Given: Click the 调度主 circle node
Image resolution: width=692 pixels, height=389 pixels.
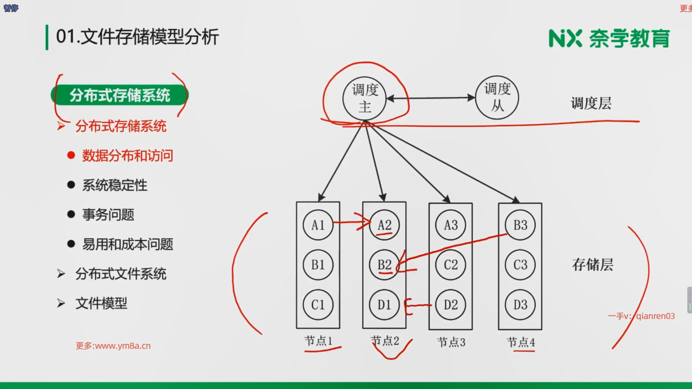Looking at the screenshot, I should coord(364,98).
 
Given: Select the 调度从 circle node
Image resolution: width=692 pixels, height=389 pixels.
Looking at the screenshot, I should coord(497,98).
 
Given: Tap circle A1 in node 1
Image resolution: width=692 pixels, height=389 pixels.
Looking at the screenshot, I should coord(318,225).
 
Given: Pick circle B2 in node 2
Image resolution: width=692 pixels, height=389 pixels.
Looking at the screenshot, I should coord(384,265).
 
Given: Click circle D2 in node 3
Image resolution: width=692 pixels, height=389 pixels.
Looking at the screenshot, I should coord(451,305).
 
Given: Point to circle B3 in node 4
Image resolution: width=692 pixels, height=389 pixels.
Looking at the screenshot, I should coord(520,225).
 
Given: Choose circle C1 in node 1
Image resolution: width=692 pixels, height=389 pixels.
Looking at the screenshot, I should coord(318,305).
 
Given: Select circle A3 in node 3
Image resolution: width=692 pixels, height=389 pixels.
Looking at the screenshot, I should coord(451,225).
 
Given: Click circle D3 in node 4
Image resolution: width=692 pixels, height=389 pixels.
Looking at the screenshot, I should coord(520,305).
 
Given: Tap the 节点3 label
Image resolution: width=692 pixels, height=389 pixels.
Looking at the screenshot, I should coord(451,342).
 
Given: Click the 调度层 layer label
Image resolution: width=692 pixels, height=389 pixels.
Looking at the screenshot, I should coord(591,103).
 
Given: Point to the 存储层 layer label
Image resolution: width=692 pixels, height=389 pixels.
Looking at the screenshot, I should coord(593,265).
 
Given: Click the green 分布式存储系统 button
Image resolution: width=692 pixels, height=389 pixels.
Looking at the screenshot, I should coord(120,95).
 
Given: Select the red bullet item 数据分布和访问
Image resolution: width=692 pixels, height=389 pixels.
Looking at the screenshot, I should coord(127,156).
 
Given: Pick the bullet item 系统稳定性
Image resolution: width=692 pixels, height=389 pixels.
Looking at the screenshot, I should coord(115,185).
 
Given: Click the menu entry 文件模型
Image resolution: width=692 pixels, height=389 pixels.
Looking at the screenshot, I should coord(101,303).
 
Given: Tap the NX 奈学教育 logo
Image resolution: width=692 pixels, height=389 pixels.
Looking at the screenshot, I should coord(609,39).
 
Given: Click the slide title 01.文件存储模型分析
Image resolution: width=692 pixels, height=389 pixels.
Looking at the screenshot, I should coord(137,37).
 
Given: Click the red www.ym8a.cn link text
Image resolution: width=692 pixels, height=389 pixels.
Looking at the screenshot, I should coord(113,346).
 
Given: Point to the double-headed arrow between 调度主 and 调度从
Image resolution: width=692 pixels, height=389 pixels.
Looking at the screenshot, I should coord(431,98).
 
